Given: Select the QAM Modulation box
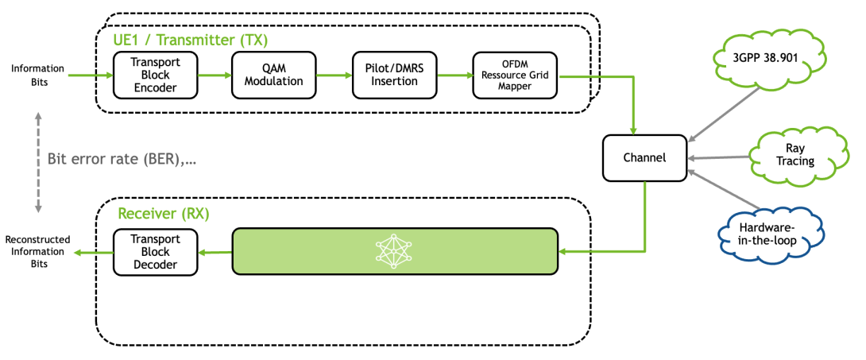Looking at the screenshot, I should point(273,75).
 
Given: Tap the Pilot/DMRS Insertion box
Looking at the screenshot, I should point(395,75).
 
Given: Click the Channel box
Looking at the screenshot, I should point(644,157).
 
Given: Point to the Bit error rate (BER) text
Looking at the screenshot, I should point(121,160).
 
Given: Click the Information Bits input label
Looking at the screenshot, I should point(37,75).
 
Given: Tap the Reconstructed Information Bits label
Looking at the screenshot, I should point(37,251).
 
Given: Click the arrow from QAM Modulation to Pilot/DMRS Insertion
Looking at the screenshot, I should point(334,75).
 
